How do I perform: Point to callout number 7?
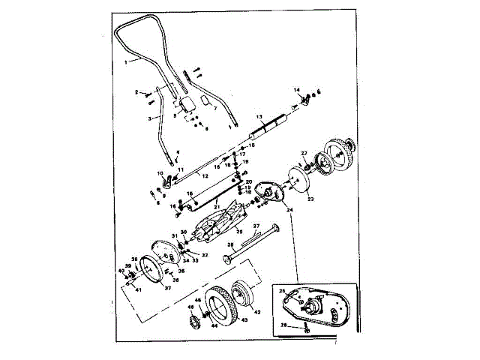[x=214, y=108]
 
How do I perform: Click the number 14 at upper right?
[x=296, y=89]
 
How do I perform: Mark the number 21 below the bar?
[x=215, y=206]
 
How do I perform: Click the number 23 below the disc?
[x=310, y=199]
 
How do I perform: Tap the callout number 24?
[x=289, y=210]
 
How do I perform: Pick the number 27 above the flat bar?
[x=255, y=225]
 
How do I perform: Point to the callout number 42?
[x=257, y=310]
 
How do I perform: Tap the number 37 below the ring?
[x=168, y=287]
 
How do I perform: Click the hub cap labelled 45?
[x=193, y=323]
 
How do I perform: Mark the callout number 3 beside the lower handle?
[x=149, y=118]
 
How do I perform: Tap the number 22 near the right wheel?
[x=304, y=153]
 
